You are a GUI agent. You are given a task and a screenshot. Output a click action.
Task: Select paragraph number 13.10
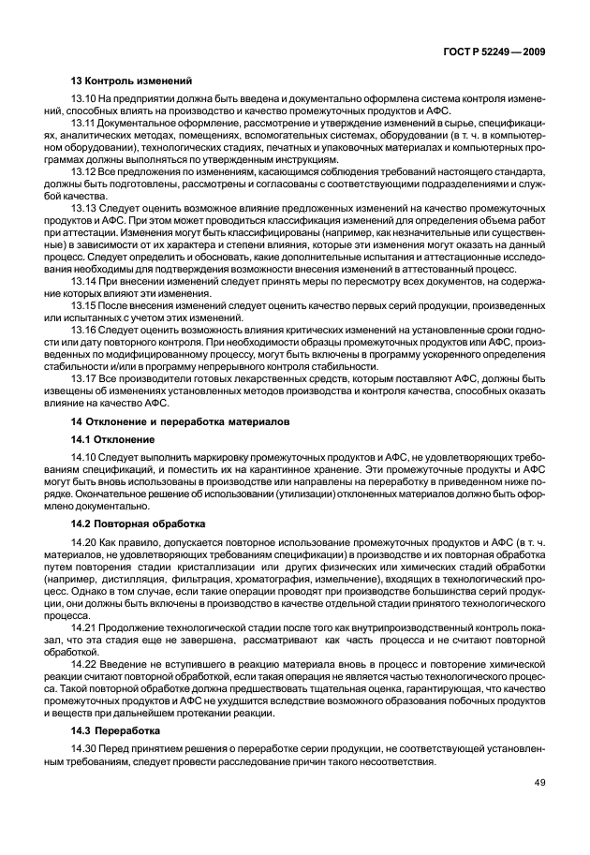(x=83, y=99)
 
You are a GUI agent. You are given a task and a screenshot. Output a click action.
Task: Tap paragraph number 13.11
(x=83, y=123)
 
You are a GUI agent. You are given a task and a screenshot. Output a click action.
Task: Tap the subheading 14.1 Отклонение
(x=111, y=438)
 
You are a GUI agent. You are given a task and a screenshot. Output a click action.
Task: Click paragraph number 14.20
(x=83, y=541)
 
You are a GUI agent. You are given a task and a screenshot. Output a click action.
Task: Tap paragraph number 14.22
(x=83, y=662)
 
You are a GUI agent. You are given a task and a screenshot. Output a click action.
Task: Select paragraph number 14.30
(x=83, y=747)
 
